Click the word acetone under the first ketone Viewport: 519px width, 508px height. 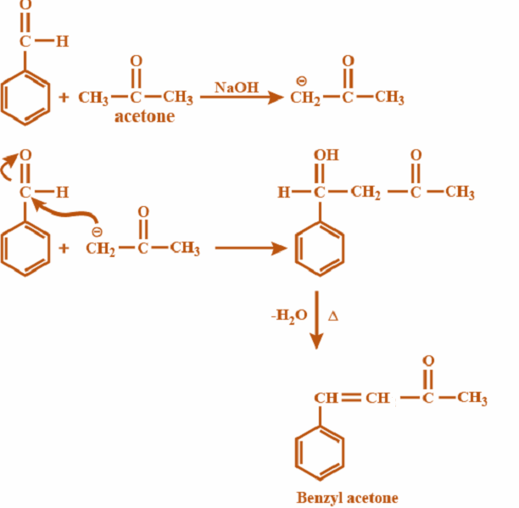[x=144, y=117]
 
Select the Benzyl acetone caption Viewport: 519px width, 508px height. [x=347, y=497]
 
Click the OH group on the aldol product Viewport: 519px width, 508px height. [x=326, y=156]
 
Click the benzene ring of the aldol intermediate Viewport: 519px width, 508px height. [x=321, y=247]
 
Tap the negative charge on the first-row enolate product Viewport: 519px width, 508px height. [x=301, y=81]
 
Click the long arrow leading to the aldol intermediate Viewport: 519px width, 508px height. [x=251, y=248]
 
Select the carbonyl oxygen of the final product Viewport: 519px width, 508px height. [x=427, y=361]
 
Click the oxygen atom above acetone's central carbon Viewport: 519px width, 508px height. [x=137, y=61]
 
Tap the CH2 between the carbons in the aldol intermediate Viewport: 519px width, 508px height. [x=366, y=193]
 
